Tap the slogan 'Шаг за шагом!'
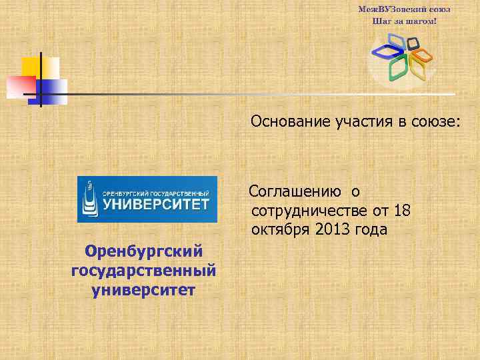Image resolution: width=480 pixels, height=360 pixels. point(405,21)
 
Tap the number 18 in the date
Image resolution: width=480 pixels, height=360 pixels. point(401,211)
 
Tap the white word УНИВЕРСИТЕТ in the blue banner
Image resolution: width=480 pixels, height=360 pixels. point(155,204)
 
